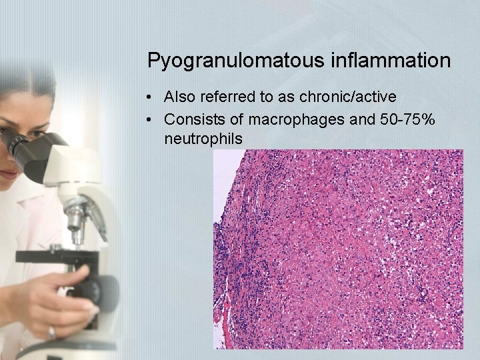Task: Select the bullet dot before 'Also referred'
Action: [x=153, y=97]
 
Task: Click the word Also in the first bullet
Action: [x=180, y=97]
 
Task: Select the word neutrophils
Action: [x=203, y=139]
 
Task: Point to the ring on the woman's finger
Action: [x=52, y=331]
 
